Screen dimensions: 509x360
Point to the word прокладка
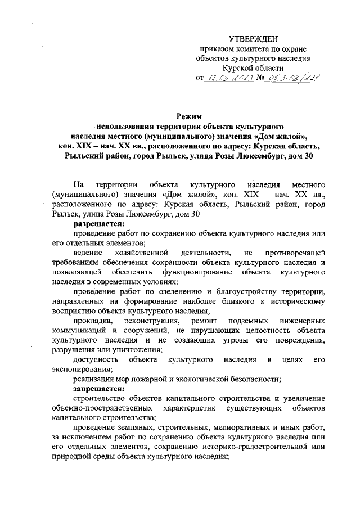coord(91,321)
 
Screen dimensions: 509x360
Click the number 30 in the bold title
coord(304,154)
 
